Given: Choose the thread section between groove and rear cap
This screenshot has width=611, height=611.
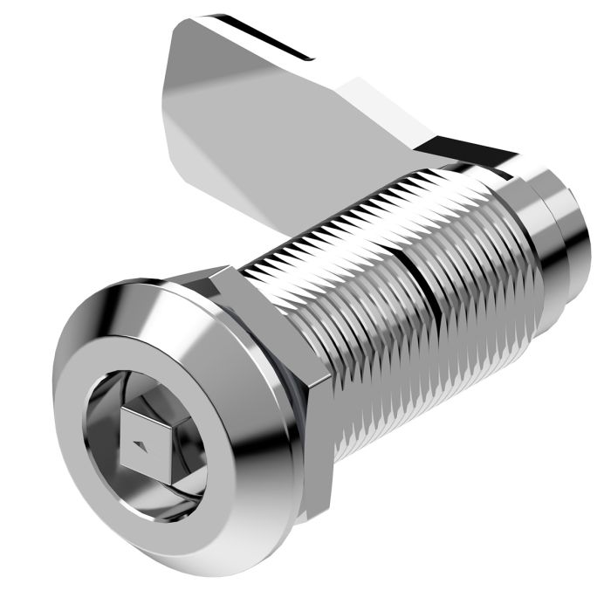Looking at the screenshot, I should coord(471,279).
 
